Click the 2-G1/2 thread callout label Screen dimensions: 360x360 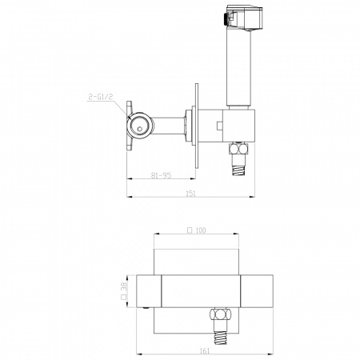point(100,97)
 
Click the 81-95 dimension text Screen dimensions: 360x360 point(161,175)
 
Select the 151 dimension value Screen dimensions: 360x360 point(190,194)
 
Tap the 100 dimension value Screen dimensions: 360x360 point(200,230)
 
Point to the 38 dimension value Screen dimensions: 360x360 point(124,287)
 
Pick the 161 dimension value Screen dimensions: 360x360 point(205,351)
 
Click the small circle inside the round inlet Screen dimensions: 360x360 point(140,129)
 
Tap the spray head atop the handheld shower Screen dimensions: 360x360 point(243,18)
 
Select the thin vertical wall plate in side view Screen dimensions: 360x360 point(197,126)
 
